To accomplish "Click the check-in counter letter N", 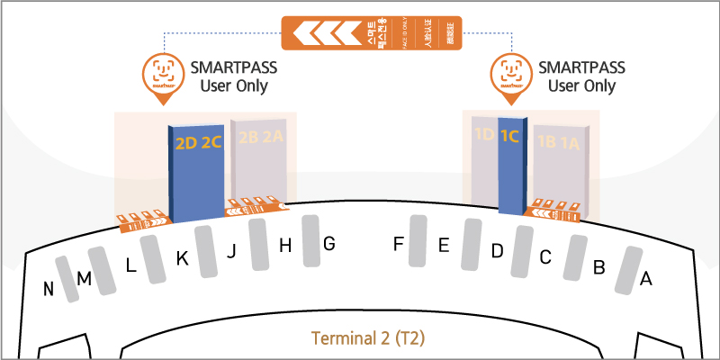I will pyautogui.click(x=49, y=289).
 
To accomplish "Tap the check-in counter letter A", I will pyautogui.click(x=644, y=280).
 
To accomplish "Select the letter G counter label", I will pyautogui.click(x=328, y=243).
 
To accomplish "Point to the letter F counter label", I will pyautogui.click(x=399, y=243).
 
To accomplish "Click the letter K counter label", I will pyautogui.click(x=182, y=259).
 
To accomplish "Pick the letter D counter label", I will pyautogui.click(x=496, y=251).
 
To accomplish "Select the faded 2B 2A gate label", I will pyautogui.click(x=260, y=138).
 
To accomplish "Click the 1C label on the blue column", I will pyautogui.click(x=510, y=137).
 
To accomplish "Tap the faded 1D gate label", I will pyautogui.click(x=484, y=136).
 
